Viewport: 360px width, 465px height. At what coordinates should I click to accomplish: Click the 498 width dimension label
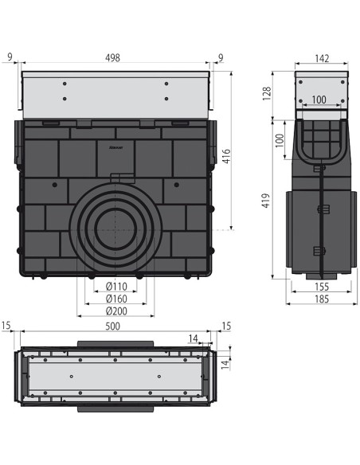coord(112,57)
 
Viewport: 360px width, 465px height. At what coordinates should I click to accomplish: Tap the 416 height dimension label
coord(226,156)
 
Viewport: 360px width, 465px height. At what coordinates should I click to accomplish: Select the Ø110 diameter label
coord(116,287)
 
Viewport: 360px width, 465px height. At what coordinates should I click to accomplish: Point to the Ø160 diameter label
coord(116,299)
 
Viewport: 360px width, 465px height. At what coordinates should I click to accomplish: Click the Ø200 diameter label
coord(116,311)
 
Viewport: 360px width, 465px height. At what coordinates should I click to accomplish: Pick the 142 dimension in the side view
coord(322,58)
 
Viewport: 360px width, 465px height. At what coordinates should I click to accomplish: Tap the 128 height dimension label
coord(267,93)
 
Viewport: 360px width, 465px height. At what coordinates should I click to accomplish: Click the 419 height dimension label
coord(266,201)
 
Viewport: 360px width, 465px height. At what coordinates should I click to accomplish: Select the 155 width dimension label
coord(322,287)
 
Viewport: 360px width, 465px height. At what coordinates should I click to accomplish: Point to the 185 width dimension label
coord(322,299)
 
